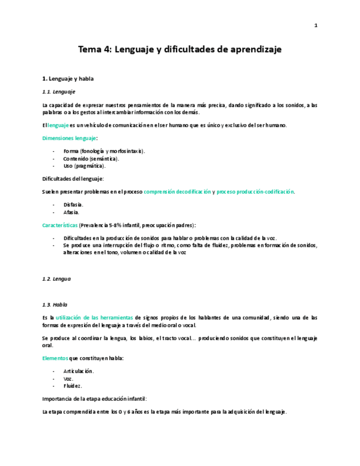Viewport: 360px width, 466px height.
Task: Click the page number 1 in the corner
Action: click(316, 25)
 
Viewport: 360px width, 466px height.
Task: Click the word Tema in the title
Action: click(90, 49)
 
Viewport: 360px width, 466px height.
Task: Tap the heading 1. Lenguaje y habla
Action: click(68, 79)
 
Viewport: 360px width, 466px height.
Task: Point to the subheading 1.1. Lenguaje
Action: click(59, 91)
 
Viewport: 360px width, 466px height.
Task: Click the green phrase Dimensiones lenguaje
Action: click(69, 138)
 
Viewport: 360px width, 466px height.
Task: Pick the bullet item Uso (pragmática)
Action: click(84, 165)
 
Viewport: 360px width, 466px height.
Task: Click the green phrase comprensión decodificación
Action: click(177, 191)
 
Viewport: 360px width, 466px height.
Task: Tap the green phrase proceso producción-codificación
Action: click(255, 191)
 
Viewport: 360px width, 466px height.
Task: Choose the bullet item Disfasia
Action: click(73, 204)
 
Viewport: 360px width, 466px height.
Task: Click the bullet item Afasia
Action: click(71, 212)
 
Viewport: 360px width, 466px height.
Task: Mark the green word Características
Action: click(59, 225)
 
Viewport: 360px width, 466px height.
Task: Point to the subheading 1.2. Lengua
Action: click(57, 279)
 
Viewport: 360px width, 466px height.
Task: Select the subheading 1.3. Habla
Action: click(55, 304)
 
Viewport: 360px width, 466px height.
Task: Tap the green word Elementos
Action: click(55, 358)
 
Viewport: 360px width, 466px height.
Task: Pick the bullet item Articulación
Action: click(78, 371)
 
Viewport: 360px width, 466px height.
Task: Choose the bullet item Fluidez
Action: click(73, 385)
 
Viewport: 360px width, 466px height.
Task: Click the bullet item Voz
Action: click(68, 378)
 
